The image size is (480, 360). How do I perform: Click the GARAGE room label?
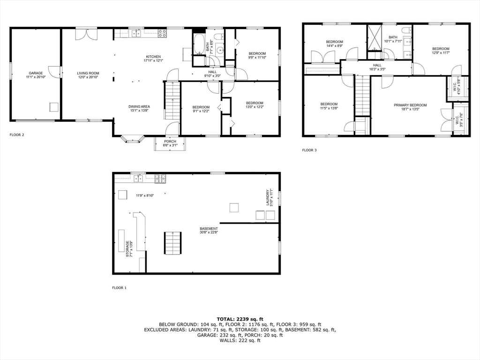[x=36, y=73]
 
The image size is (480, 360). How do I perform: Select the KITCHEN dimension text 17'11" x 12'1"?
[x=153, y=60]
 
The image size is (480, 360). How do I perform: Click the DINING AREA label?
[x=139, y=107]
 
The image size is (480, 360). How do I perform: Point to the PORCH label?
[x=170, y=142]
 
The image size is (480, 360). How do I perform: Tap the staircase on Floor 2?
[x=172, y=100]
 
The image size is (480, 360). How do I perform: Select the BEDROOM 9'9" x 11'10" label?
[x=257, y=53]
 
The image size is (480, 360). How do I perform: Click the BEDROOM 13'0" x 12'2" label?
[x=255, y=103]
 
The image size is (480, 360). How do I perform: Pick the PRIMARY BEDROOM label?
[x=410, y=105]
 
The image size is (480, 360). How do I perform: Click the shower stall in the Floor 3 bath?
[x=375, y=37]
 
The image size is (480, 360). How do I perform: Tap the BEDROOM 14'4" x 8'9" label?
[x=334, y=42]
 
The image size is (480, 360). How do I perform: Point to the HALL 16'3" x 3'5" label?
[x=377, y=66]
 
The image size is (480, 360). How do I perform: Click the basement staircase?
[x=172, y=243]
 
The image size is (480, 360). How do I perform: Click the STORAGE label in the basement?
[x=127, y=248]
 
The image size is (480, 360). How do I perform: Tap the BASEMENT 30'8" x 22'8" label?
[x=209, y=229]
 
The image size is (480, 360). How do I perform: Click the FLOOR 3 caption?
[x=309, y=150]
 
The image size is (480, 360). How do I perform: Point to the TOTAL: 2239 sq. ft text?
[x=240, y=319]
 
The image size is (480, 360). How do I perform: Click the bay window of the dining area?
[x=133, y=139]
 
